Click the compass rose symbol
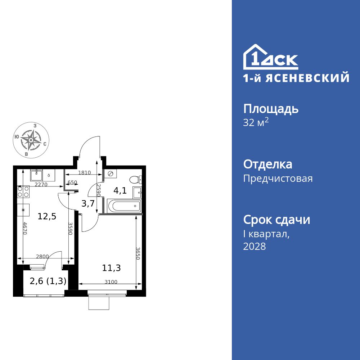31,140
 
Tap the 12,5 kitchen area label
47,216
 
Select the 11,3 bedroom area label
111,267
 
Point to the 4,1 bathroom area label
120,190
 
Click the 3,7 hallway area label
88,203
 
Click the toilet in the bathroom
136,179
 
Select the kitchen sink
36,175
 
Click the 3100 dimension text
111,282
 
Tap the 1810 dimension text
84,173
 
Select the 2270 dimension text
41,185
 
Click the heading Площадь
271,109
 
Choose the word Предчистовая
278,178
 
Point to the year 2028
255,247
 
